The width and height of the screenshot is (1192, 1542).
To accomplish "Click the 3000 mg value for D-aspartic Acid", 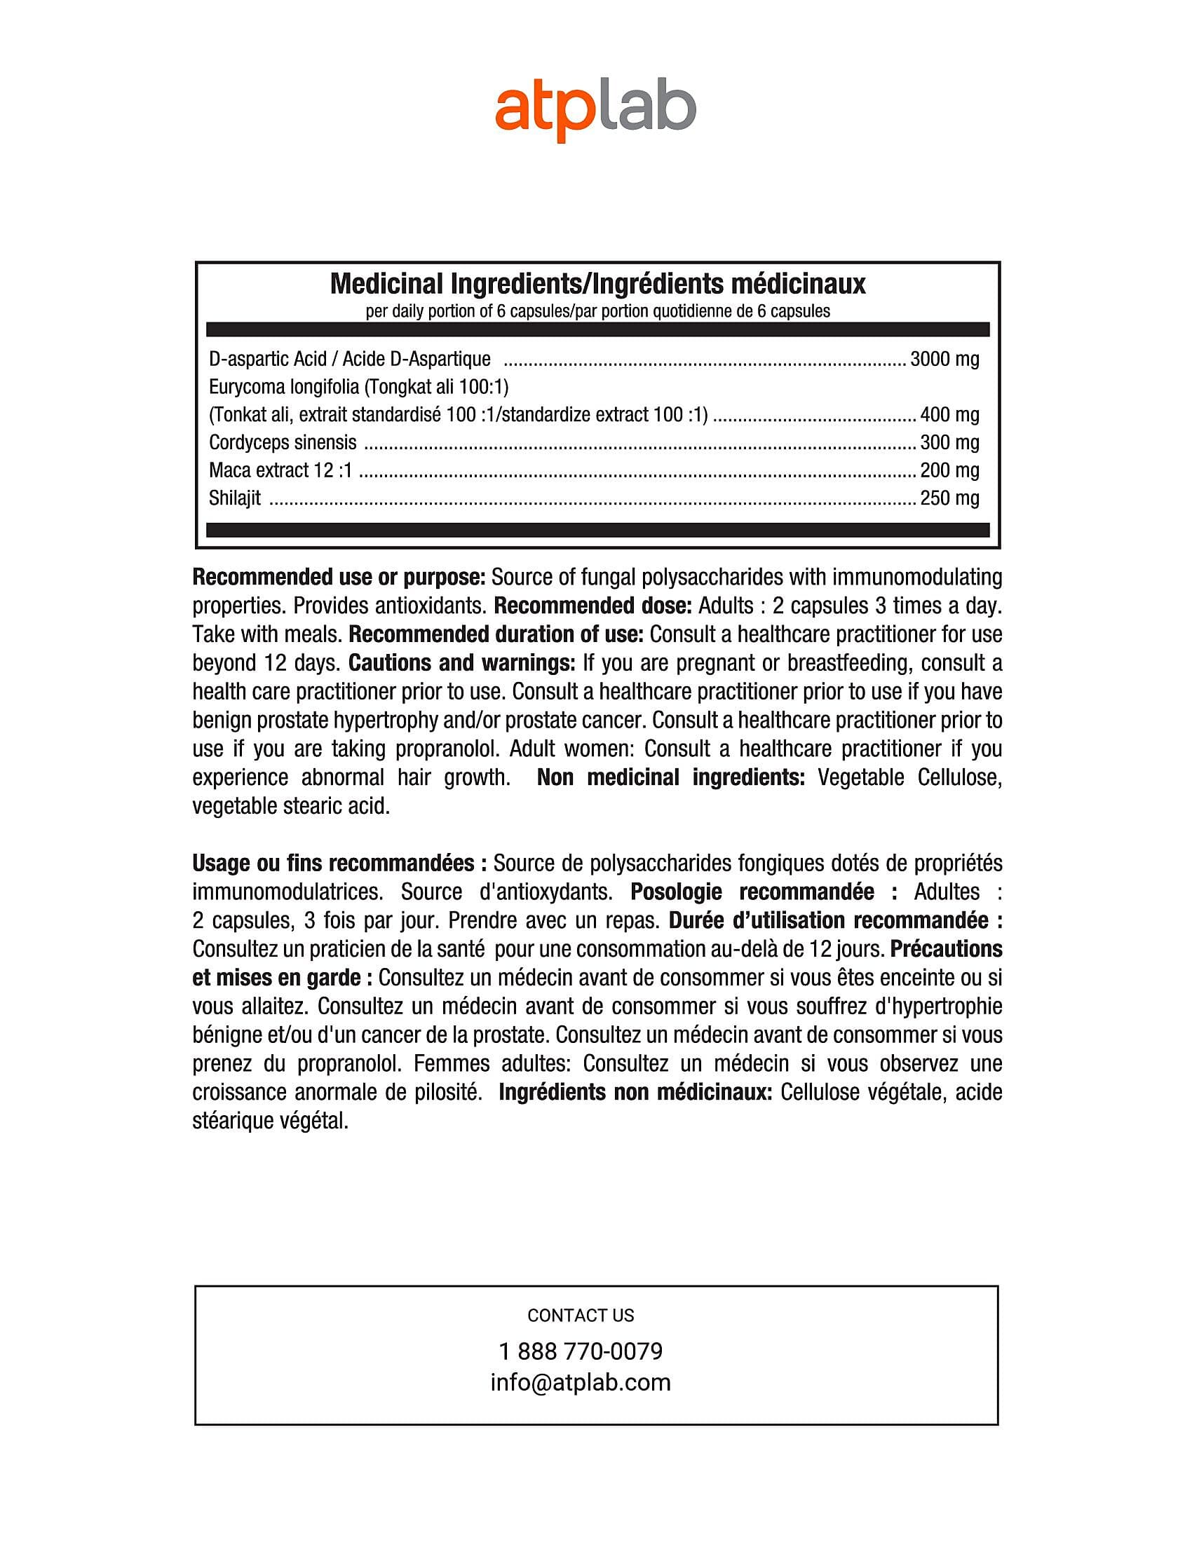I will (944, 360).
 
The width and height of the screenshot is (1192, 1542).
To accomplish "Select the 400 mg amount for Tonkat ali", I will (949, 415).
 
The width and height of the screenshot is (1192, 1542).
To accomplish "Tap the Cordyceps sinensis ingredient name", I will (283, 443).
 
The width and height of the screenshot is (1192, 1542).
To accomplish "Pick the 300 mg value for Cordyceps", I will (949, 443).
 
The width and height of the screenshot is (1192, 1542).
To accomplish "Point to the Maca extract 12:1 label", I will (280, 470).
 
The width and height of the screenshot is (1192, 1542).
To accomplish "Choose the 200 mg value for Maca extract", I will (949, 470).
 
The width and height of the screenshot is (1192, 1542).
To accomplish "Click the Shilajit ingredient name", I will (234, 498).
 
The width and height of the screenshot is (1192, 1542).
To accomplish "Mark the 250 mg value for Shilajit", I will (949, 498).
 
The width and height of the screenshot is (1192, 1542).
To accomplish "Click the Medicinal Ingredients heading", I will (597, 284).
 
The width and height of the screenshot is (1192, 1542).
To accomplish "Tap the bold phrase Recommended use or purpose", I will (338, 578).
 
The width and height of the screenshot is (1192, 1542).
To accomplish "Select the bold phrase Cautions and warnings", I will (462, 663).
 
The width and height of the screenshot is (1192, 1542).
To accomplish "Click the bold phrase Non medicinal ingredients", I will (670, 777).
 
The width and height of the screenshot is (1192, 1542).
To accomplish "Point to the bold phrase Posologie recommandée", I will (764, 892).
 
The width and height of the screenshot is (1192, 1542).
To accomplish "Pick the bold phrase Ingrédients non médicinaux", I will (635, 1092).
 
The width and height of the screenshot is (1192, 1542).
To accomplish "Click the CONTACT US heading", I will (581, 1316).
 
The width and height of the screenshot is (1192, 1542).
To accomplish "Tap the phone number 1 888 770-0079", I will (581, 1351).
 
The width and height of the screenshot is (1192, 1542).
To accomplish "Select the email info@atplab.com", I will (581, 1382).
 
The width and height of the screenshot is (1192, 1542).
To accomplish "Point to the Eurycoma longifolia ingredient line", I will (359, 387).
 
